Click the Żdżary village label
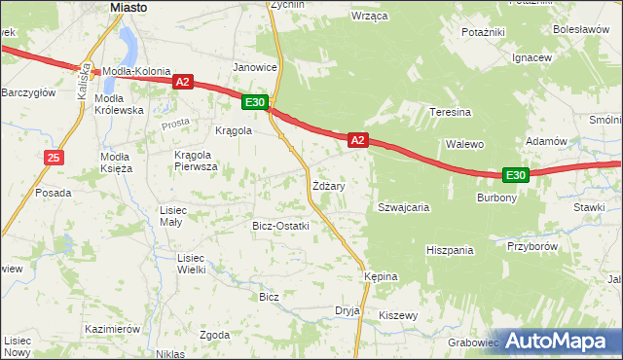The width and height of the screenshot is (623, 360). [328, 184]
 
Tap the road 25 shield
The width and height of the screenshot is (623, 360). [54, 158]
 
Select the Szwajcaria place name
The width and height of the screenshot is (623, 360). [404, 207]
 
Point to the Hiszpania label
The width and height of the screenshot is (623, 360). [449, 250]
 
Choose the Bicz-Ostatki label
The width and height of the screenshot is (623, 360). [280, 226]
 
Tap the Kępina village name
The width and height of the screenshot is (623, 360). [381, 276]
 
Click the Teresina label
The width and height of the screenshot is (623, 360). [451, 112]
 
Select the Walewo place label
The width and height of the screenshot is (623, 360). [464, 144]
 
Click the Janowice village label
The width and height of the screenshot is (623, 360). [255, 67]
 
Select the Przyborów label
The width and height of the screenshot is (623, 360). [531, 246]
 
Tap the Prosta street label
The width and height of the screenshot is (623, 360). [176, 124]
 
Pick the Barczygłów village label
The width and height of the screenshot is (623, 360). [27, 92]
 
